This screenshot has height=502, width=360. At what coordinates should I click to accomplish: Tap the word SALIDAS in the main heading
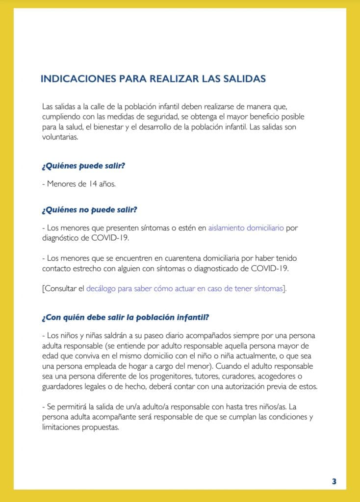[x=244, y=79]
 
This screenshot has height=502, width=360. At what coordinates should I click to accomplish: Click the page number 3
[x=334, y=481]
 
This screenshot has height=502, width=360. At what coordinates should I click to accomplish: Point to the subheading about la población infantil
[x=126, y=317]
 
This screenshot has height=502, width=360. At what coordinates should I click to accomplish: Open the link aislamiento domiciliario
[x=246, y=228]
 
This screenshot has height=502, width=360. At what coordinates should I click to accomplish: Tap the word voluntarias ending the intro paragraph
[x=60, y=137]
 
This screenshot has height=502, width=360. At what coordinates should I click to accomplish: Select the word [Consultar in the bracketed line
[x=63, y=289]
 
